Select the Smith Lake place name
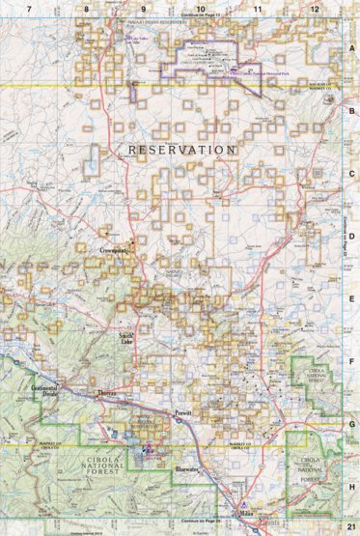point(125,339)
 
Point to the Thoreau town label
point(109,394)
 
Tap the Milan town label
point(245,515)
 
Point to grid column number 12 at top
point(315,8)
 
